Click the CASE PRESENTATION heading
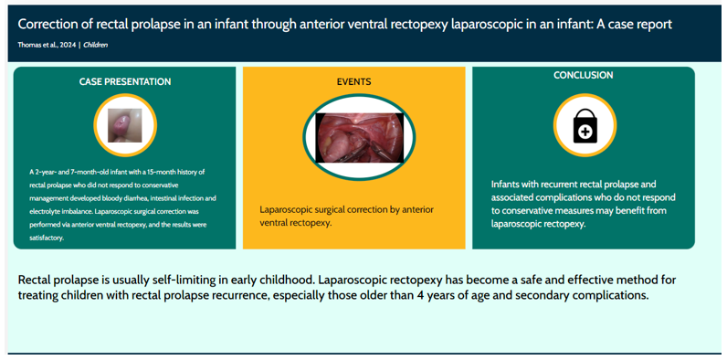pyautogui.click(x=124, y=81)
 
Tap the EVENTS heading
pyautogui.click(x=353, y=81)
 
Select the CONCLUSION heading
pyautogui.click(x=583, y=75)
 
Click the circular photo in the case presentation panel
pyautogui.click(x=125, y=125)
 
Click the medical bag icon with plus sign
pyautogui.click(x=584, y=127)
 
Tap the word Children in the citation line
pyautogui.click(x=96, y=45)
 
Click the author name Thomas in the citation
pyautogui.click(x=30, y=45)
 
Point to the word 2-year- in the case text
pyautogui.click(x=47, y=172)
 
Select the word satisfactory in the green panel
pyautogui.click(x=47, y=238)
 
